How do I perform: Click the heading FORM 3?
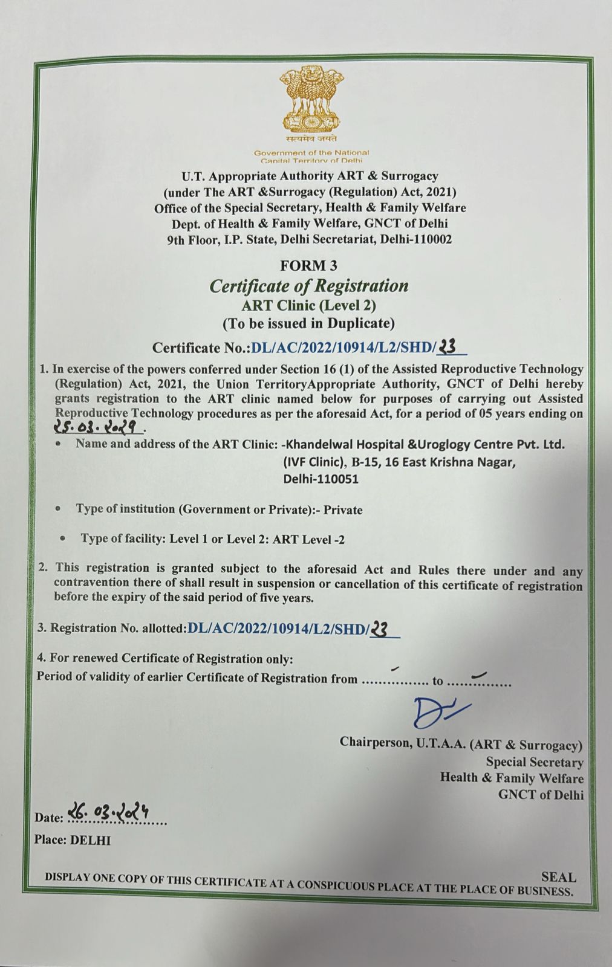tap(309, 265)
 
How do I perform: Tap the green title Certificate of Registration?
tap(309, 285)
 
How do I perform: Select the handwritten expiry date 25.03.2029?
tap(99, 427)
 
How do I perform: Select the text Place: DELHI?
tap(73, 840)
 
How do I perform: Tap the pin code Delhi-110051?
tap(321, 479)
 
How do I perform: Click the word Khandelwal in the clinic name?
tap(324, 445)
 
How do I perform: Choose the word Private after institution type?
tap(343, 509)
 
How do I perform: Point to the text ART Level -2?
tap(308, 539)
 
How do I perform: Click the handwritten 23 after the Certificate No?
tap(448, 346)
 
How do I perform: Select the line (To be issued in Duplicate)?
tap(309, 323)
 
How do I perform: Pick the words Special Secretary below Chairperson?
tap(535, 762)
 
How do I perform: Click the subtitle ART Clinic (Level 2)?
tap(309, 305)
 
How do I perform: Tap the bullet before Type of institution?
tap(57, 509)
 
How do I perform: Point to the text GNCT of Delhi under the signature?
tap(541, 794)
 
